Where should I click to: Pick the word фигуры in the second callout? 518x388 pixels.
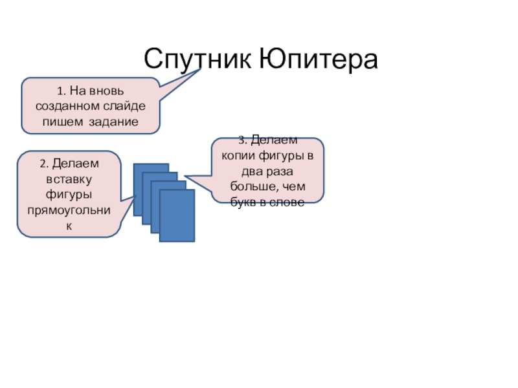[68, 195]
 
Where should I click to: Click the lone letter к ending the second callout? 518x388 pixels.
[69, 226]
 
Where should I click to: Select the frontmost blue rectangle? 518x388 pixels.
[177, 215]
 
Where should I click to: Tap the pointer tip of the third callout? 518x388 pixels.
[185, 175]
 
